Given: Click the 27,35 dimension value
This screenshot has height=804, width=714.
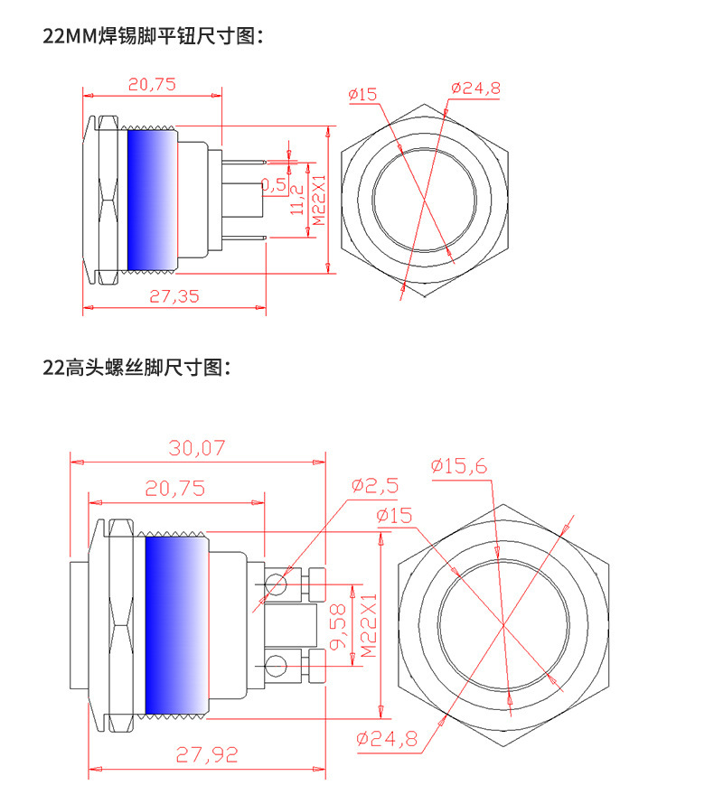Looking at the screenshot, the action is click(174, 296).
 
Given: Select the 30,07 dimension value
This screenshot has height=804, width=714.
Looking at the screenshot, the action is click(197, 448).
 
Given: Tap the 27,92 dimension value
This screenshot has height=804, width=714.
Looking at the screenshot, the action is click(207, 755).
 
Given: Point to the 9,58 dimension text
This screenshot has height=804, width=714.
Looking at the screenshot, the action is click(338, 627).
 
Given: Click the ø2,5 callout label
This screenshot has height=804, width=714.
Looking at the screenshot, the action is click(374, 486).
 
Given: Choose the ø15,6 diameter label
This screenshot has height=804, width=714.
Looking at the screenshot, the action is click(458, 466).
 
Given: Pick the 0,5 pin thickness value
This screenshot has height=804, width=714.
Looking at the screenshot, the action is click(274, 184).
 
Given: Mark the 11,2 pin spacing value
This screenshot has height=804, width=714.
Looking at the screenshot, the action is click(297, 200).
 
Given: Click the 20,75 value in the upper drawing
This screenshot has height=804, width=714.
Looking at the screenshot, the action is click(152, 84).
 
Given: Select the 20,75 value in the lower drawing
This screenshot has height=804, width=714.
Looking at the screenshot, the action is click(175, 488).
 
